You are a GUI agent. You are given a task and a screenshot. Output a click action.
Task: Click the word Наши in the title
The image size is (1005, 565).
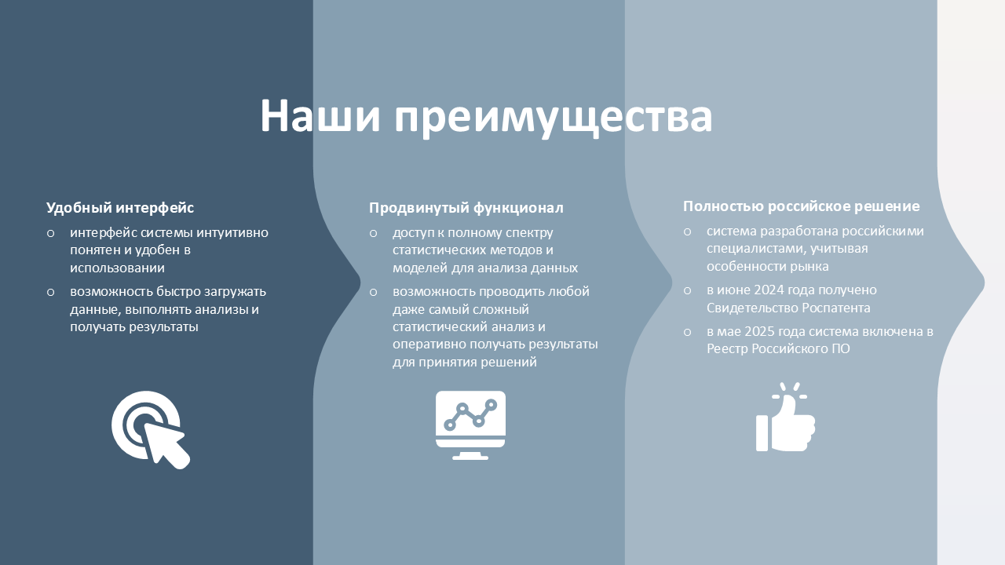pyautogui.click(x=320, y=115)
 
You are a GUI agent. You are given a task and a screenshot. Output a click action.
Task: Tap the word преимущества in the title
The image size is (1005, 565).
pyautogui.click(x=554, y=118)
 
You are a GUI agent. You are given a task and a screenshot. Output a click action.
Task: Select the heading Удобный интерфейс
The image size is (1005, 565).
pyautogui.click(x=120, y=208)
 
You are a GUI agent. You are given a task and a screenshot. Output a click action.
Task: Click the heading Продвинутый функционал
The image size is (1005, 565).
pyautogui.click(x=466, y=208)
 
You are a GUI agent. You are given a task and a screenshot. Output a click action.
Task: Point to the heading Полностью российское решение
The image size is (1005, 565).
pyautogui.click(x=802, y=206)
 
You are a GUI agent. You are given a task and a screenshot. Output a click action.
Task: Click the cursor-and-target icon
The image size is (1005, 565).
pyautogui.click(x=151, y=429)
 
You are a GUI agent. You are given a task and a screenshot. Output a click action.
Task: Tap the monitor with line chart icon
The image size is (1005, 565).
pyautogui.click(x=470, y=425)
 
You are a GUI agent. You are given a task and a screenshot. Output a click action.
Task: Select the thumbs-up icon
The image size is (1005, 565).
pyautogui.click(x=786, y=417)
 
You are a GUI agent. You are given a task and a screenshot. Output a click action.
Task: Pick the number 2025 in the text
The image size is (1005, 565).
pyautogui.click(x=759, y=331)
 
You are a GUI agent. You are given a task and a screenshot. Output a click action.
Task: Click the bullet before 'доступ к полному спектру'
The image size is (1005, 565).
pyautogui.click(x=373, y=234)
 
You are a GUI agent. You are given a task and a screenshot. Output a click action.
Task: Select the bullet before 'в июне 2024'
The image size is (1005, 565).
pyautogui.click(x=687, y=291)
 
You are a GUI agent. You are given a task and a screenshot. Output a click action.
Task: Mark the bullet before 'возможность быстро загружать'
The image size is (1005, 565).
pyautogui.click(x=51, y=293)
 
